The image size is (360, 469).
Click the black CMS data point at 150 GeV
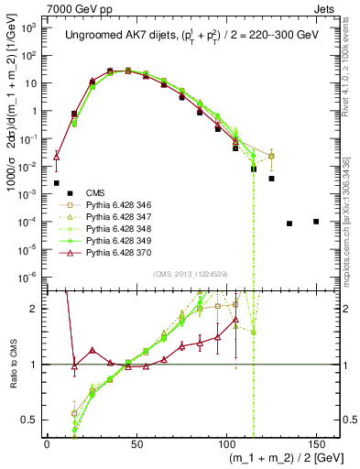pyautogui.click(x=316, y=222)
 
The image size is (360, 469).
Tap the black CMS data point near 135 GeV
pyautogui.click(x=289, y=224)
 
